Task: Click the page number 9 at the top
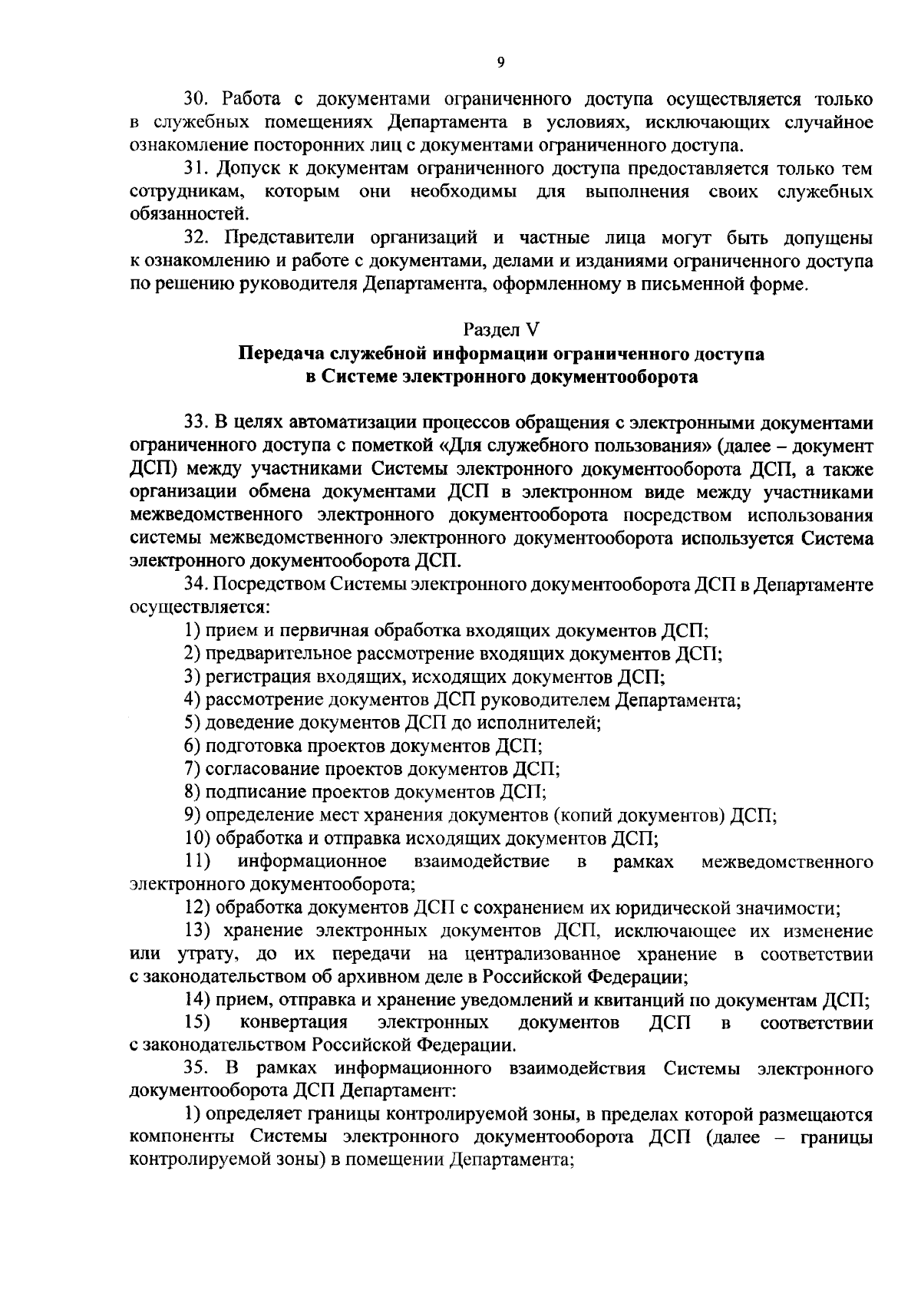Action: tap(500, 63)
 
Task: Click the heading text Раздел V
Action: tap(500, 330)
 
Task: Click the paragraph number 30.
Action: tap(196, 99)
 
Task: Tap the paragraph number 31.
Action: tap(196, 168)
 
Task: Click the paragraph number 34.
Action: tap(196, 584)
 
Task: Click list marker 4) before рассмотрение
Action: tap(192, 700)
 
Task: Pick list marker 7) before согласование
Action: tap(192, 769)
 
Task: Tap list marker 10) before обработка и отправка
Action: tap(196, 838)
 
